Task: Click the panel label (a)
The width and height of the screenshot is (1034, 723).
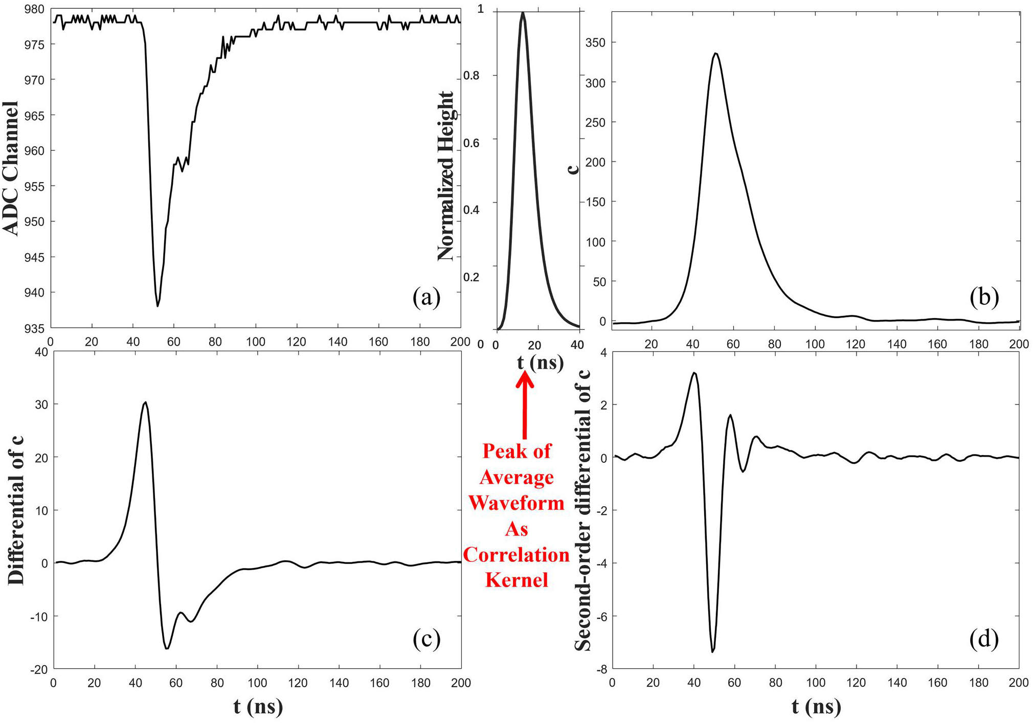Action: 426,297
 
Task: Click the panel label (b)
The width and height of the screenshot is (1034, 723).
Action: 984,297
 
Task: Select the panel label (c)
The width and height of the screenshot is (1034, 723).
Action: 426,639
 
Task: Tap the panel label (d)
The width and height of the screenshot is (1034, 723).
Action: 984,639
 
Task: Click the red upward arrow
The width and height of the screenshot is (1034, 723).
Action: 524,404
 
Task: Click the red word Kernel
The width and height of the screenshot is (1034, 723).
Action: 516,580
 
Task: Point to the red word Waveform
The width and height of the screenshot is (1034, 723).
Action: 516,503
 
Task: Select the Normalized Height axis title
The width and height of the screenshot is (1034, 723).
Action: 446,176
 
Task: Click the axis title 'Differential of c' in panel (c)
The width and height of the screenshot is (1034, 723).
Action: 16,510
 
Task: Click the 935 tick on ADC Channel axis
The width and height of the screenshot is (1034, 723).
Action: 34,328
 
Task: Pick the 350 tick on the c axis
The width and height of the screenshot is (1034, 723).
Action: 595,43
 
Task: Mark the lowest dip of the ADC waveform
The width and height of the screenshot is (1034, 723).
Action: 158,306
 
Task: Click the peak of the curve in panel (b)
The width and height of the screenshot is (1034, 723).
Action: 715,53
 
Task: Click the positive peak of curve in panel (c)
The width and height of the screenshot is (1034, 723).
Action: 146,402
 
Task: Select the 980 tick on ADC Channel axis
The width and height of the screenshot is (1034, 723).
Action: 34,9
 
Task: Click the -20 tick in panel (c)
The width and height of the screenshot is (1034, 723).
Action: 39,670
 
